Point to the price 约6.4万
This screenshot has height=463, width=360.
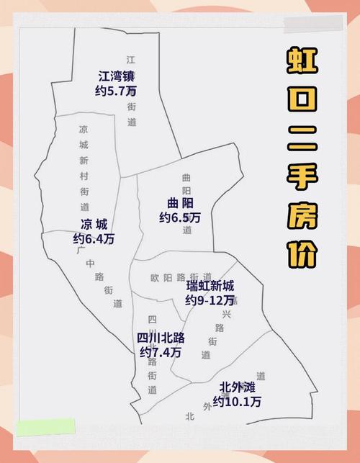(x=94, y=238)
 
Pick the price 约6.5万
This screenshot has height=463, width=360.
(x=179, y=217)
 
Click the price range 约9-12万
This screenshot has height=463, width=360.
(x=210, y=300)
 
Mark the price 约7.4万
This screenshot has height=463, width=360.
(x=161, y=352)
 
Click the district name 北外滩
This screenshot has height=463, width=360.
(x=238, y=387)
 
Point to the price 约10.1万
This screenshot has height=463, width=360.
(x=237, y=402)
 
